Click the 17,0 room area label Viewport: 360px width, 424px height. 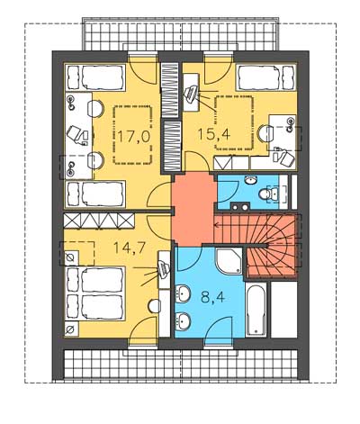(133, 137)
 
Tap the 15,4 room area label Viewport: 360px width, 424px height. (214, 134)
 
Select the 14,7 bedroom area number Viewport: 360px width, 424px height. (130, 248)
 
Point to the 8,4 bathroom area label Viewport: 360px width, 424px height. (212, 298)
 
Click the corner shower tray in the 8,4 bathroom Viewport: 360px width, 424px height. (229, 261)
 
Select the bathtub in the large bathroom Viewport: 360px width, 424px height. (256, 310)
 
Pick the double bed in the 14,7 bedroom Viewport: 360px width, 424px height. (94, 293)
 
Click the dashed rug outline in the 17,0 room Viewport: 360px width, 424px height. (132, 135)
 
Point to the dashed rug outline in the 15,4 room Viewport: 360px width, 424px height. (234, 122)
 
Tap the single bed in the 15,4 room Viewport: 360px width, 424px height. (265, 77)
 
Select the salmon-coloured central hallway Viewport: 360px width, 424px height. (193, 210)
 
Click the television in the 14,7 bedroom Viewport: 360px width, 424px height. (164, 268)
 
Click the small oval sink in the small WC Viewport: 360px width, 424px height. (251, 180)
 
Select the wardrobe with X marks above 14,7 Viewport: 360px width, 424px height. (99, 221)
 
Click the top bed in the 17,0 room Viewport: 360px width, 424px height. (95, 77)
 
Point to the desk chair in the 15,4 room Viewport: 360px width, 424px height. (285, 158)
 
